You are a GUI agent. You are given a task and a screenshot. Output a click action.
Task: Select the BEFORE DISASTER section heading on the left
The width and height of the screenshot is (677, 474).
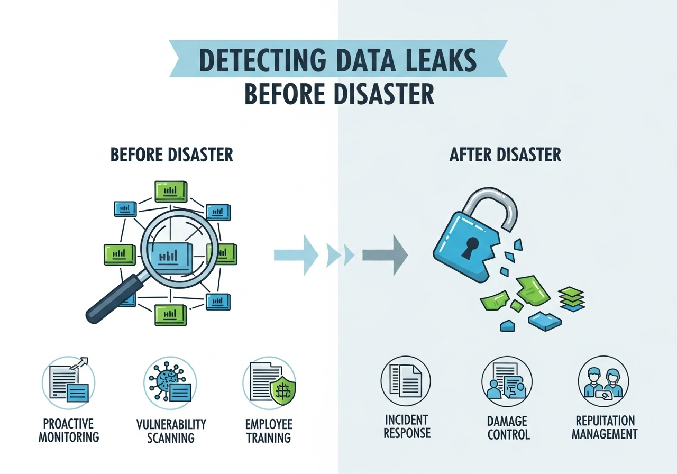(x=171, y=154)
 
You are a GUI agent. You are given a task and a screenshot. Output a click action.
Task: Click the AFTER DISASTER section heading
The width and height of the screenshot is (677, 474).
(x=505, y=154)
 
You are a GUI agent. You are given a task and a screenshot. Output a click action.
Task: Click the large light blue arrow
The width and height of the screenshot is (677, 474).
(x=296, y=256)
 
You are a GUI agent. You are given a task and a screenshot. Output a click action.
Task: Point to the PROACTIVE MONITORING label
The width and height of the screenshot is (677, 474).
(x=69, y=430)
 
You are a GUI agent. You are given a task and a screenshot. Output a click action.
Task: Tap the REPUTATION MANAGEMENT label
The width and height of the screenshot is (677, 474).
(x=606, y=427)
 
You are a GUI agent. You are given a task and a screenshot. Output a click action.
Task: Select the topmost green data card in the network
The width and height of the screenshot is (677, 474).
(x=171, y=190)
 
